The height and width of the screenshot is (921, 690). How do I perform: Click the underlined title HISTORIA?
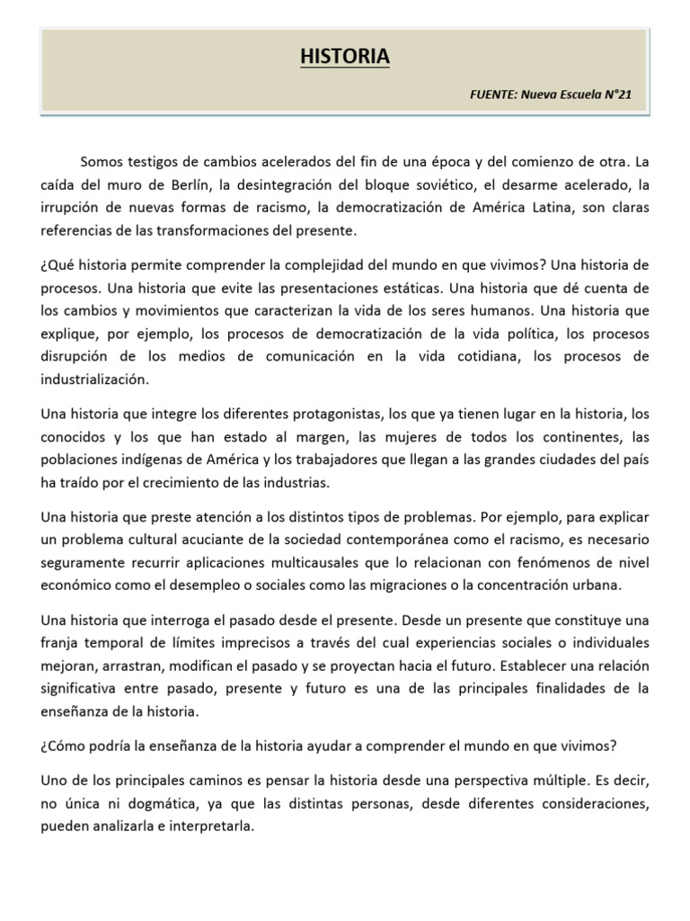pyautogui.click(x=345, y=58)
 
